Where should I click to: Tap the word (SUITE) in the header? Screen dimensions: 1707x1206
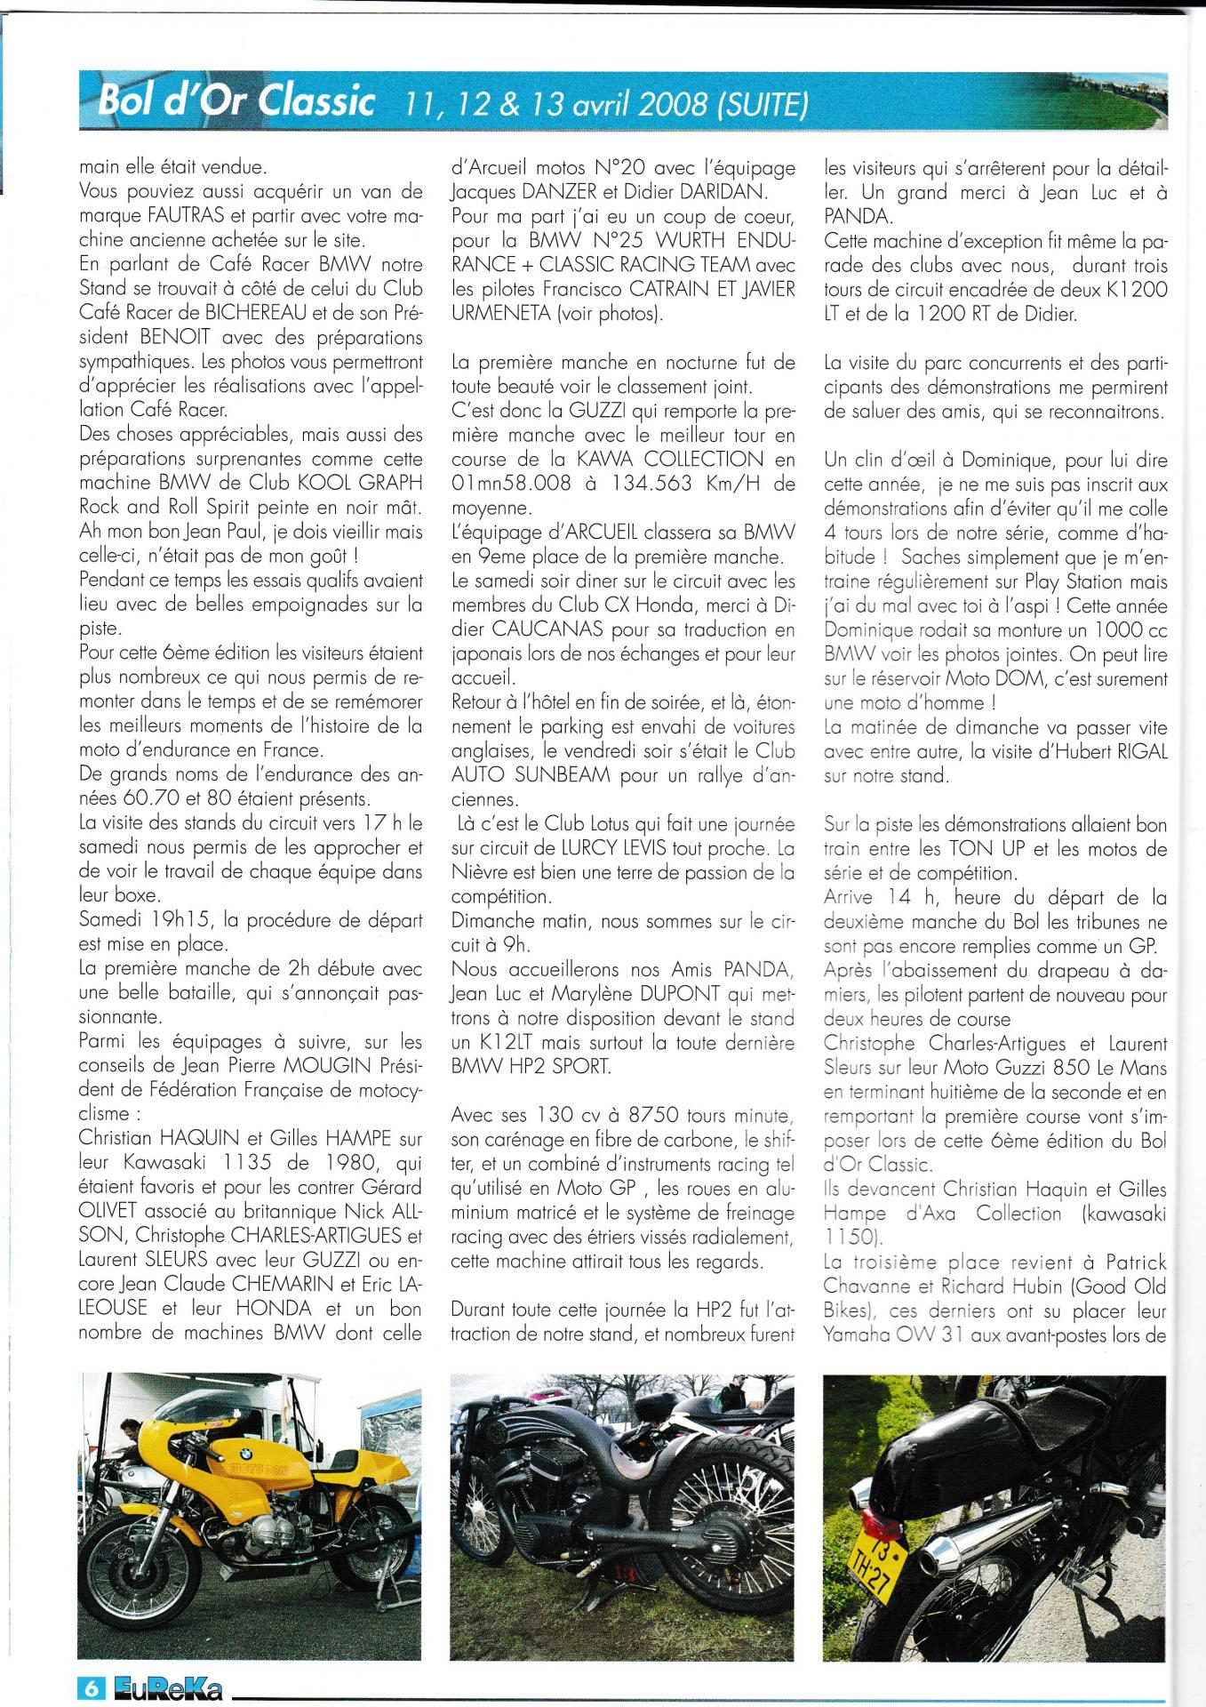(763, 106)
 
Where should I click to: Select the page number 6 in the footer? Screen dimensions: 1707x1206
(92, 1687)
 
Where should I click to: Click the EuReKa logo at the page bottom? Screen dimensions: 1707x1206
(167, 1687)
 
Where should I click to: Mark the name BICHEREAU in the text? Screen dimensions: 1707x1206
(258, 313)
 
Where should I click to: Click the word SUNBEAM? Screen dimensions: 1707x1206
(563, 774)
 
